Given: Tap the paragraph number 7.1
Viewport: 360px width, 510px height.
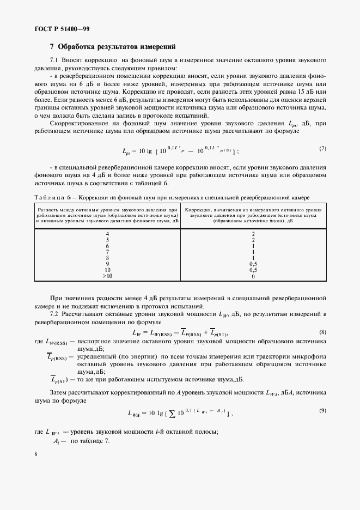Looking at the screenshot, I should tap(54, 60).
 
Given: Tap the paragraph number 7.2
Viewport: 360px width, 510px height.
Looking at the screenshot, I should tap(54, 314).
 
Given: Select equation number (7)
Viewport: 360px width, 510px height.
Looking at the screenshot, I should tap(322, 149).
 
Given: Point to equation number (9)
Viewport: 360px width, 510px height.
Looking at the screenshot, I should tap(322, 410).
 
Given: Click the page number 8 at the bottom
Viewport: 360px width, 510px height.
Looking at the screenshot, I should tap(35, 453).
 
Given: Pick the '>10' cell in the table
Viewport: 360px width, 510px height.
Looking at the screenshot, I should tap(107, 276).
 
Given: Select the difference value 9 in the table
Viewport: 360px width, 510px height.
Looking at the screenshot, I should tap(107, 264).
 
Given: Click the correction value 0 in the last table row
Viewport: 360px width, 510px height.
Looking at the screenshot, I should tap(253, 276).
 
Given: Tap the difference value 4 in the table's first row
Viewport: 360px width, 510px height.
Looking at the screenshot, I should tap(107, 233).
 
